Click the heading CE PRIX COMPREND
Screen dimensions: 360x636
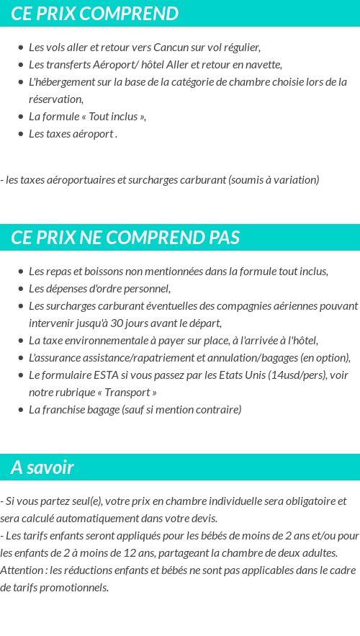94,14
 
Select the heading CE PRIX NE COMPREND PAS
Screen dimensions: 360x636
125,238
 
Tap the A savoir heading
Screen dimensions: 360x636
42,467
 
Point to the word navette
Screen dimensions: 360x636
264,65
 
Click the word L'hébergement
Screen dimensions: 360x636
59,82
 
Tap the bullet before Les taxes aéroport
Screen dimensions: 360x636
21,134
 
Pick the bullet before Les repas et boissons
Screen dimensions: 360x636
21,272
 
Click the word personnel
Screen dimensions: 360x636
147,289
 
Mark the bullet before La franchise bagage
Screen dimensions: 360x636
21,410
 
